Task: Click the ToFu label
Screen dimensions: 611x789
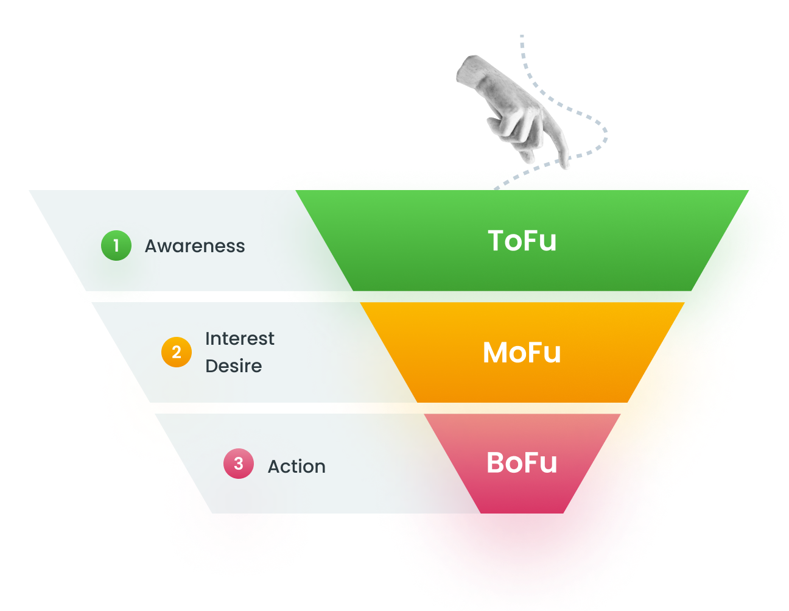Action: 522,241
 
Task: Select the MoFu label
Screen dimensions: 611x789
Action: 522,353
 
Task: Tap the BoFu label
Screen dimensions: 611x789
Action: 522,463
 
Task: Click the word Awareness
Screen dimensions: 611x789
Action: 195,246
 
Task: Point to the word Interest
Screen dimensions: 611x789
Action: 239,339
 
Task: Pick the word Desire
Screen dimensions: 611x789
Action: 233,366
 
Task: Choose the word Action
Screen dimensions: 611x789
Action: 296,467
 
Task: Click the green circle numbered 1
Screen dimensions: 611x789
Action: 116,245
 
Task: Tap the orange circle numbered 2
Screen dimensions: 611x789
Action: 177,352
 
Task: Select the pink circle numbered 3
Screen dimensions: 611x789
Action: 239,464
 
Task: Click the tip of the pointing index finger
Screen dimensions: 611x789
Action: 565,165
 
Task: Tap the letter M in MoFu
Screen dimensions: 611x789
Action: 496,353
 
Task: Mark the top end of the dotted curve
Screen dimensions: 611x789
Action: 522,37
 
